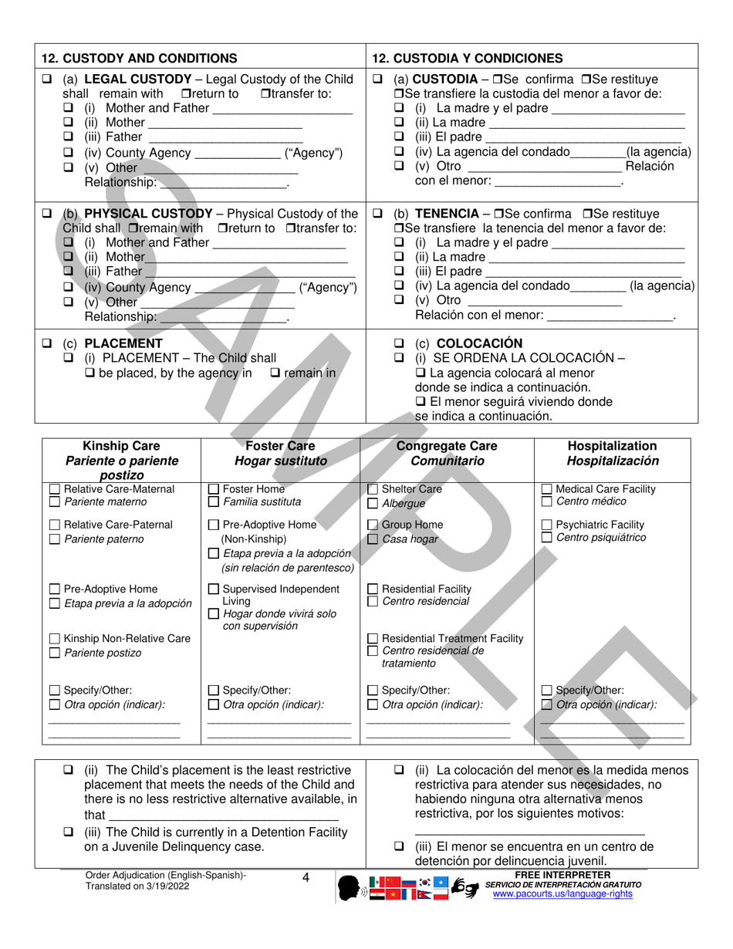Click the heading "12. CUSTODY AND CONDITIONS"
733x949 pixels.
pos(139,58)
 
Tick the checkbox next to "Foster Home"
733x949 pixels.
pos(214,489)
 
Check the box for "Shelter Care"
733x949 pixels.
pos(373,489)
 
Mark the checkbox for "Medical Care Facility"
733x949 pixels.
pos(547,489)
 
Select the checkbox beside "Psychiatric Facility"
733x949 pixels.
pos(547,525)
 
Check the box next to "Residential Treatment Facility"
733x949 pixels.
pos(373,638)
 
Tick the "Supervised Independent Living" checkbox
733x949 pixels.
pos(214,589)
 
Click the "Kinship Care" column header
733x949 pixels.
pos(121,446)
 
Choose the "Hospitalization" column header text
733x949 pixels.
pos(612,446)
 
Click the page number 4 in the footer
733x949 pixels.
pos(306,877)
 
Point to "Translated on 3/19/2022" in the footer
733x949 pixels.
pos(137,887)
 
